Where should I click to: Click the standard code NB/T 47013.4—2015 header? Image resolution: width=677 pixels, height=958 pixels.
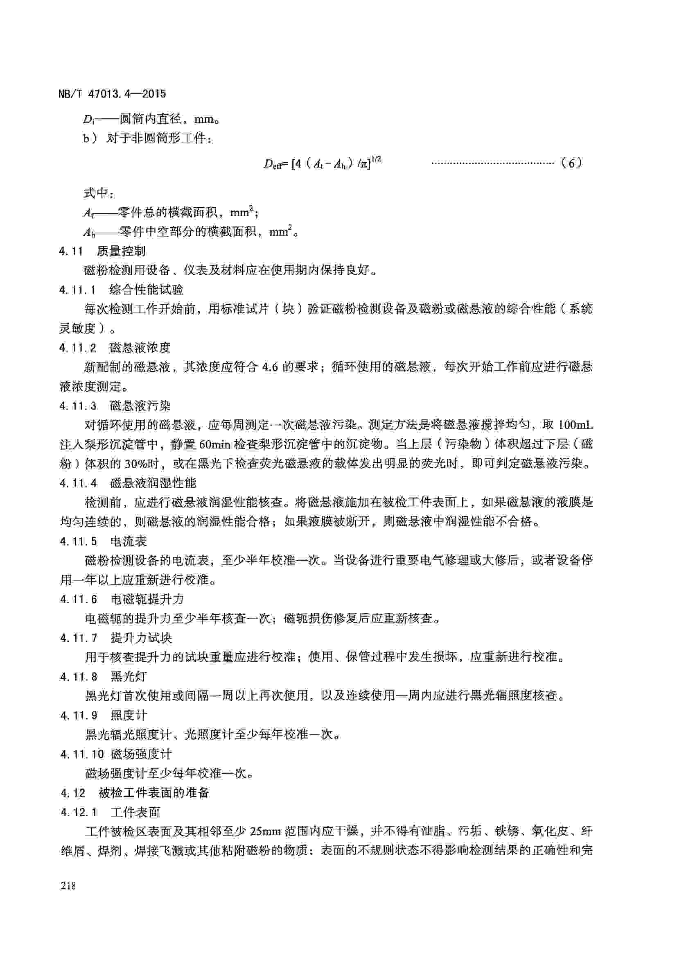[112, 94]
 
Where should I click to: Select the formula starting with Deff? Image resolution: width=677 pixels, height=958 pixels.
[323, 163]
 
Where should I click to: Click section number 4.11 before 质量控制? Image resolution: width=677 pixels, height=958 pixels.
[71, 251]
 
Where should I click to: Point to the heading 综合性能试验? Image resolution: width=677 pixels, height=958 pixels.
[146, 290]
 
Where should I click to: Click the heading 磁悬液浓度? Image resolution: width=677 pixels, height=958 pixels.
[140, 348]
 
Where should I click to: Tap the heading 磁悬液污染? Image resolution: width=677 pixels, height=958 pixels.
[140, 405]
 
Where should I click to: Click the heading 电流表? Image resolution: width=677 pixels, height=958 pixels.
[129, 541]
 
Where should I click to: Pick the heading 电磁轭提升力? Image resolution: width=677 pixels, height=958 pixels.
[147, 600]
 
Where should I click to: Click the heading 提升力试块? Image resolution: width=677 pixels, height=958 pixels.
[141, 638]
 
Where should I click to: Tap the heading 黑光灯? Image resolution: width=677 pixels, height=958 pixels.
[129, 676]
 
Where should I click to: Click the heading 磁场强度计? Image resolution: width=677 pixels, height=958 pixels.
[141, 754]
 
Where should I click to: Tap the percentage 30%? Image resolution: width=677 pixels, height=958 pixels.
[145, 464]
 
